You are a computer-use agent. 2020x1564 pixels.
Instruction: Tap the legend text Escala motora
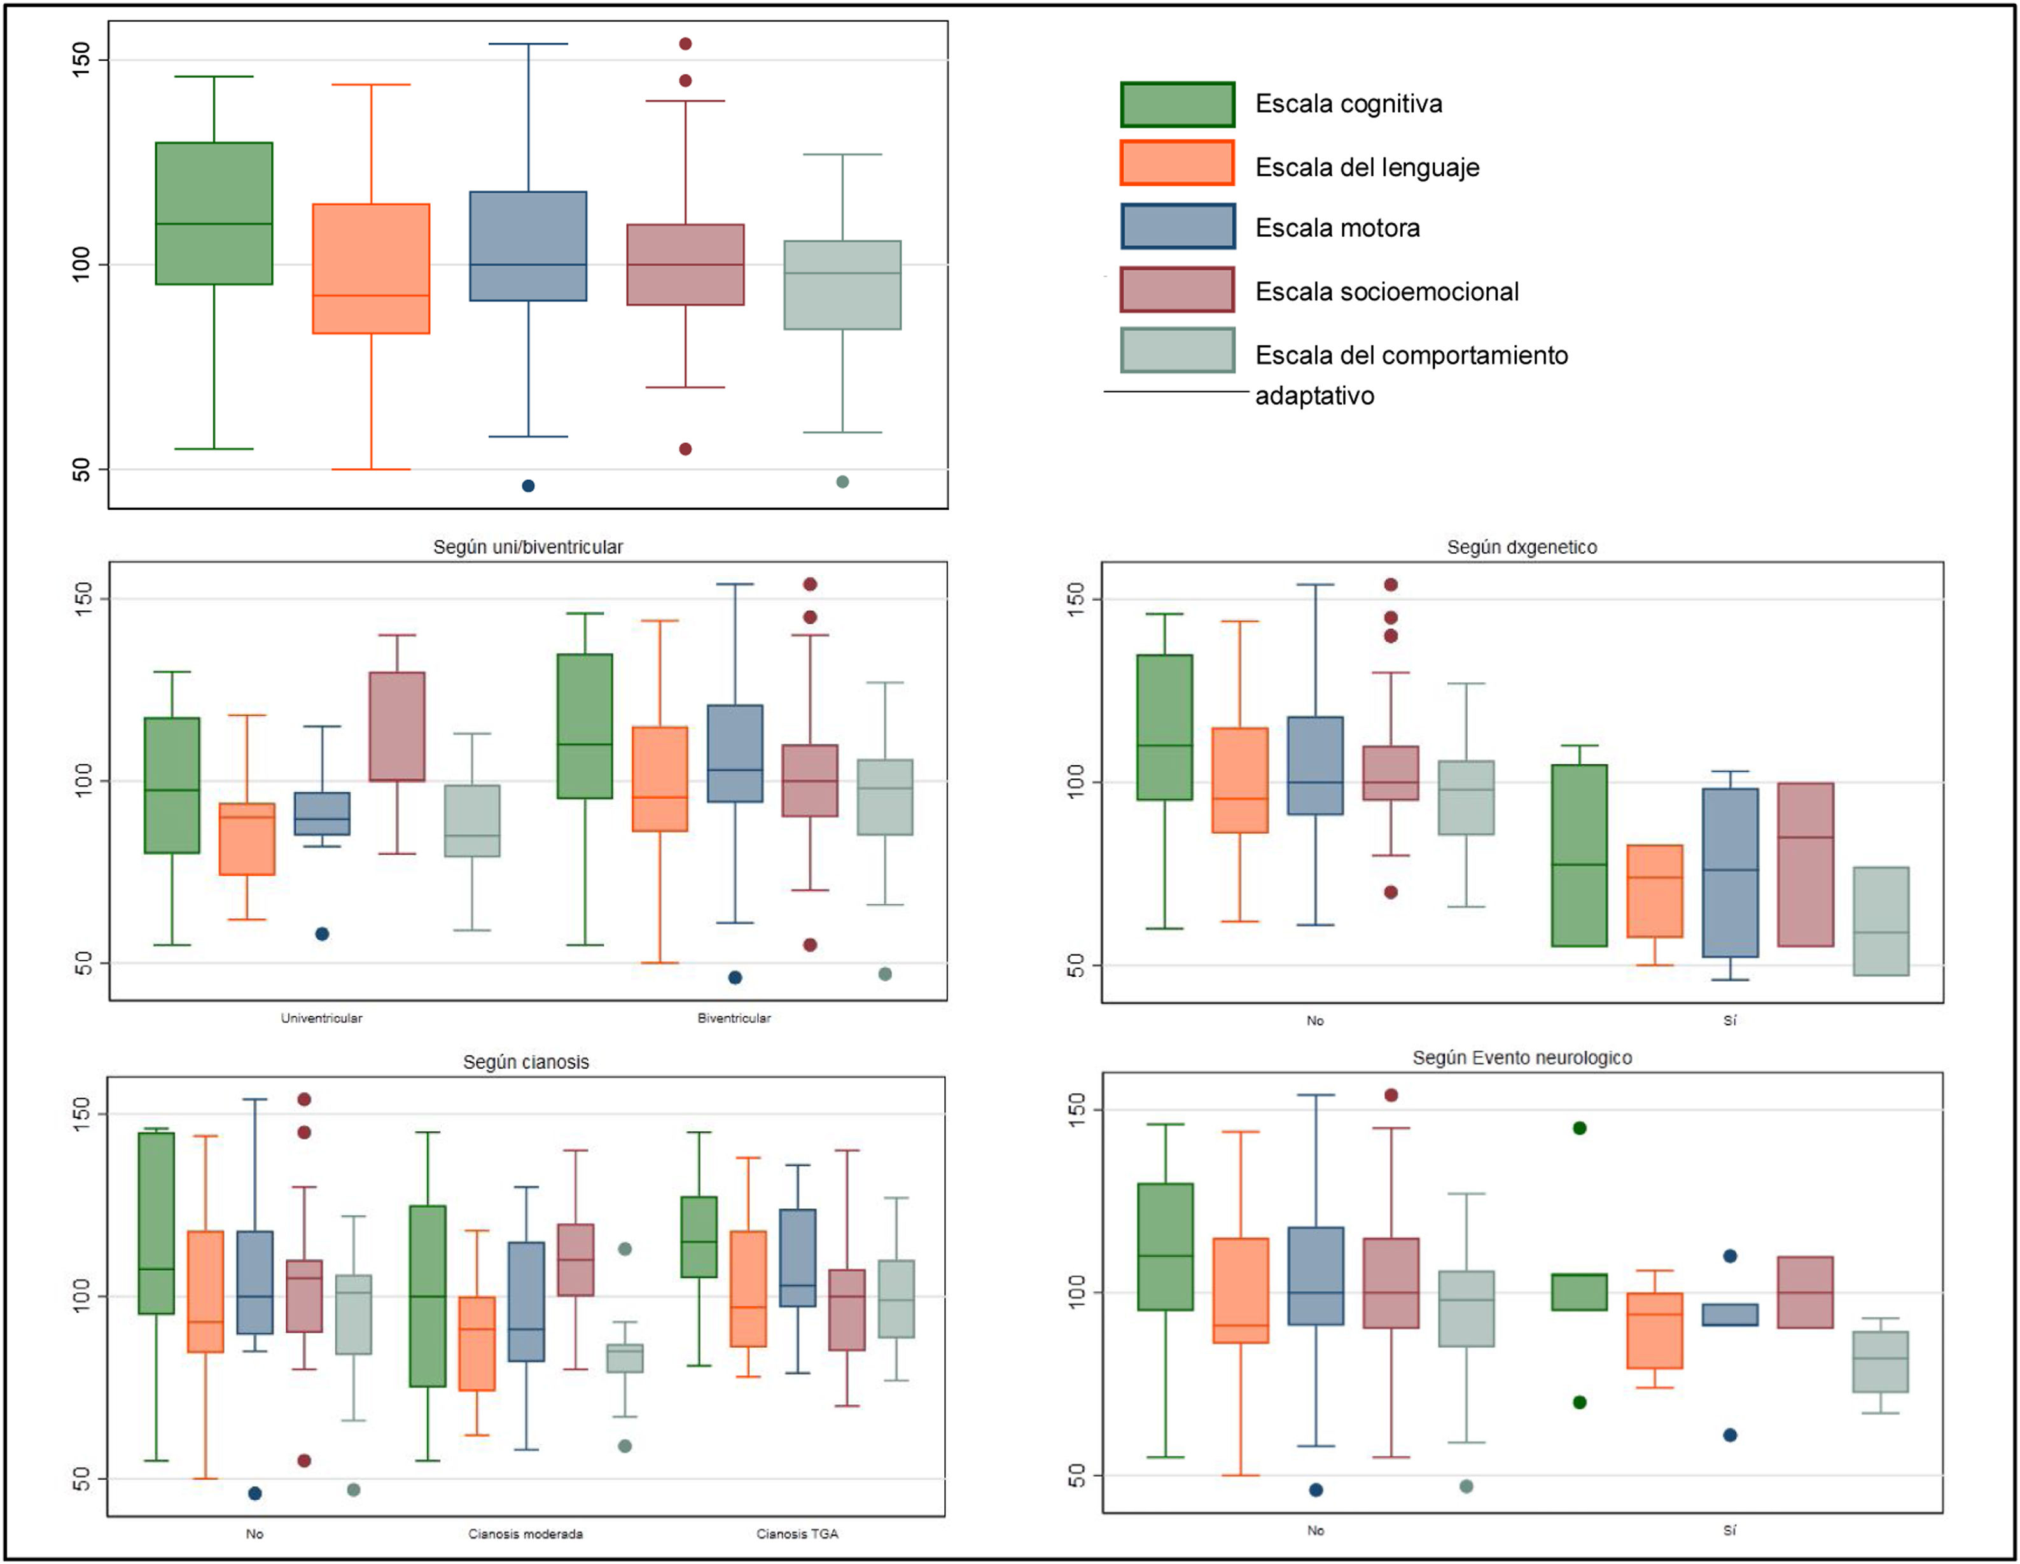pos(1337,228)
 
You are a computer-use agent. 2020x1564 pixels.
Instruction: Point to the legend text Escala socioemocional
pos(1386,291)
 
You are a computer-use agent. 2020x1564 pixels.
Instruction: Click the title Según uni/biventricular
pos(527,547)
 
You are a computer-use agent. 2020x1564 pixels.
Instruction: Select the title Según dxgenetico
pos(1521,547)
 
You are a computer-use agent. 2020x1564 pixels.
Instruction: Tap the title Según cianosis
pos(526,1062)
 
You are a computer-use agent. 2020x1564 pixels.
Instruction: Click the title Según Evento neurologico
pos(1521,1057)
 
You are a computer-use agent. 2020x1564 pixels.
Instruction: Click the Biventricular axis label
pos(734,1018)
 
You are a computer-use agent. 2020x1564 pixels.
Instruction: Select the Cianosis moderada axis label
pos(526,1533)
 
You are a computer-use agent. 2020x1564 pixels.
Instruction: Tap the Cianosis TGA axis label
pos(797,1533)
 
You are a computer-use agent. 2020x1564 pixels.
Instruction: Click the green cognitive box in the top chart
pos(214,213)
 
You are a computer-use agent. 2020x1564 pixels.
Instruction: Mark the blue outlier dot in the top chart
pos(528,485)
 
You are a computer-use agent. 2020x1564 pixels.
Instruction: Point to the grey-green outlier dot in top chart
pos(842,482)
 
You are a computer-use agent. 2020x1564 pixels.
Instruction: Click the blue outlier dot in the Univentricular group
pos(322,934)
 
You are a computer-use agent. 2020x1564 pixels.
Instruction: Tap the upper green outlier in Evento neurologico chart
pos(1580,1128)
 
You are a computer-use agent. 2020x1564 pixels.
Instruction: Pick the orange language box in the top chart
pos(371,269)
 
